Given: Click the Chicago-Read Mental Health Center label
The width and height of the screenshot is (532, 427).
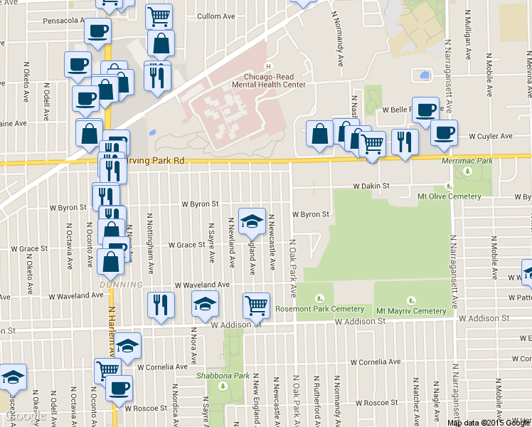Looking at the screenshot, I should [x=269, y=80].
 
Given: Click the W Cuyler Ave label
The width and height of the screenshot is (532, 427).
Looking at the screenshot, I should [x=490, y=136].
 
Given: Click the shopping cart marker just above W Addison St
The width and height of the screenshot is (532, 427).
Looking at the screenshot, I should [x=256, y=306].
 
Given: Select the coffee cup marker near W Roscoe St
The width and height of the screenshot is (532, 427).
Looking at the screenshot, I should [x=119, y=389].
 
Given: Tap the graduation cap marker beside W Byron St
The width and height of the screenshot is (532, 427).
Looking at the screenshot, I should [x=252, y=221].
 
